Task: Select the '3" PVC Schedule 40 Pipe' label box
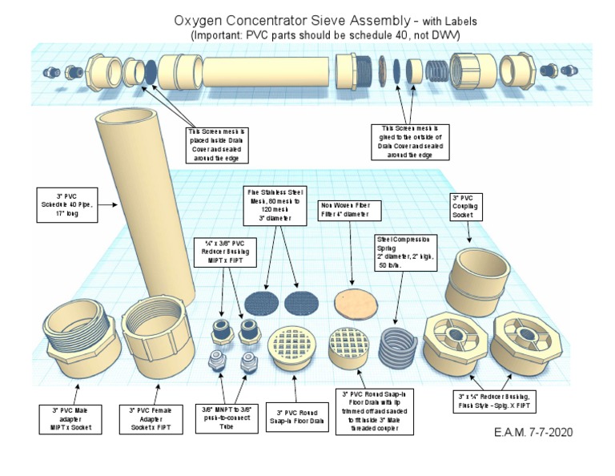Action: click(x=66, y=204)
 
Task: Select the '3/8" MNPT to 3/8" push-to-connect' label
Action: click(x=219, y=419)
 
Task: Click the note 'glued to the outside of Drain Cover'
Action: click(x=410, y=141)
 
